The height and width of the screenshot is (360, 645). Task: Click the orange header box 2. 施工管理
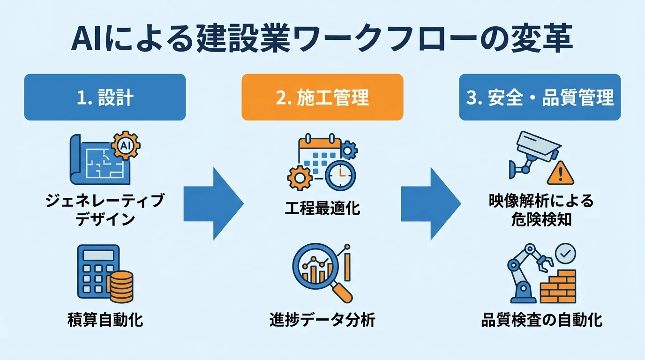click(x=322, y=97)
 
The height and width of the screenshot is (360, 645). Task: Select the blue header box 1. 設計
click(x=105, y=97)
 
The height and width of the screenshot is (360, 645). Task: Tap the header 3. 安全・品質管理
click(x=540, y=97)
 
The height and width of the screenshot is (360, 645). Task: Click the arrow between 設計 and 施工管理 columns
click(x=213, y=203)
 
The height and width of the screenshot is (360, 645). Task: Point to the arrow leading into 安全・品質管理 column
click(x=430, y=203)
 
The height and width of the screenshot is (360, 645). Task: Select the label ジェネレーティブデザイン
click(x=105, y=210)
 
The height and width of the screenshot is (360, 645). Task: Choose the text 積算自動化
click(x=105, y=321)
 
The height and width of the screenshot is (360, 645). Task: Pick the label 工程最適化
click(x=322, y=208)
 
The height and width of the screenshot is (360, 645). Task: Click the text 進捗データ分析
click(x=322, y=321)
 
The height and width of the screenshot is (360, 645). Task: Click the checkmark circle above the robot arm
click(x=566, y=254)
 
